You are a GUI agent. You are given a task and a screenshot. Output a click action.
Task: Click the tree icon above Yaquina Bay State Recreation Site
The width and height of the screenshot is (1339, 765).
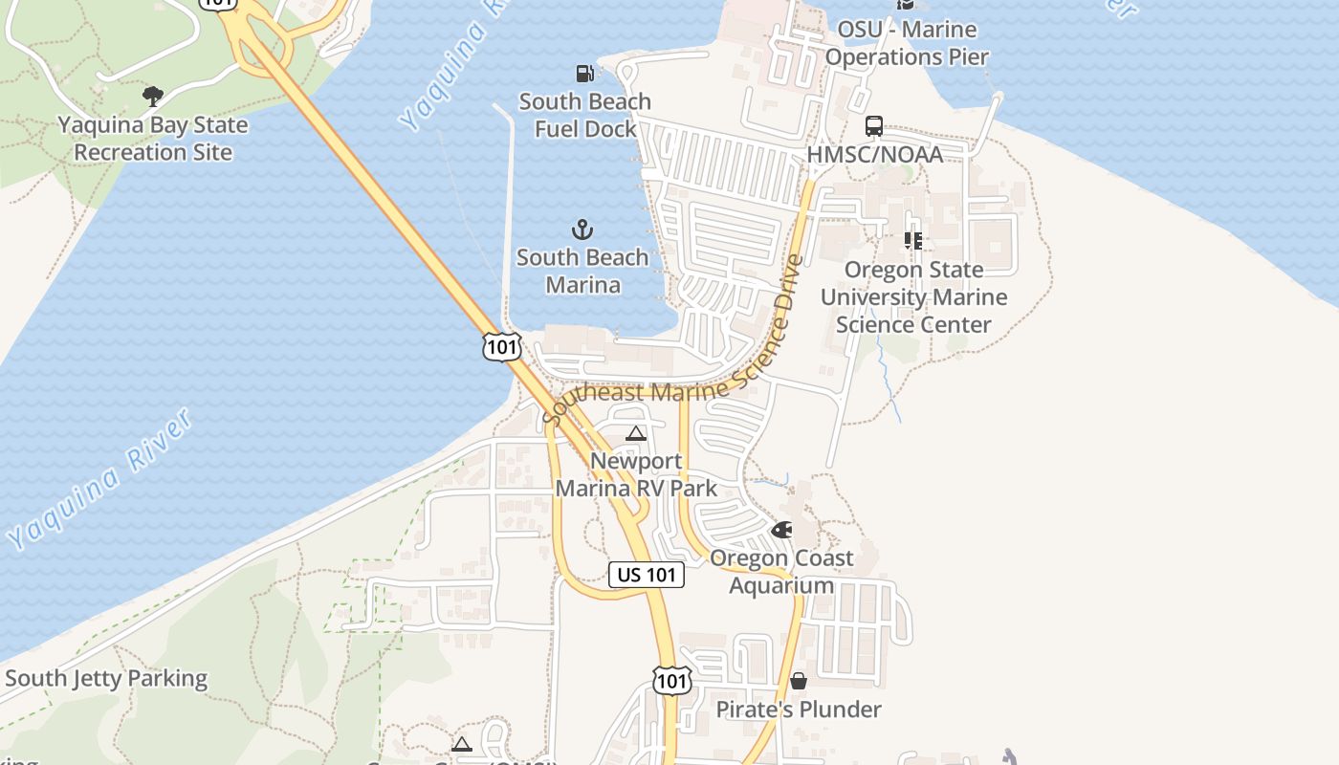coord(152,96)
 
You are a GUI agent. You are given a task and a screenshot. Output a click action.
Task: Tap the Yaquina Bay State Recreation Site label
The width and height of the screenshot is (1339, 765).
coord(153,139)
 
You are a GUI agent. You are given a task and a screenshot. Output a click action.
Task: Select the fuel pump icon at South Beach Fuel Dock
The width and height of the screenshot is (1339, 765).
coord(584,73)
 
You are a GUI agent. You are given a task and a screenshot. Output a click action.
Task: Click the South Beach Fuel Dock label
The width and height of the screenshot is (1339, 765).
coord(584,115)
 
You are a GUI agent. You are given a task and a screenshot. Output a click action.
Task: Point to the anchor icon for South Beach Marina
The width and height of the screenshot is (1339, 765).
coord(582,229)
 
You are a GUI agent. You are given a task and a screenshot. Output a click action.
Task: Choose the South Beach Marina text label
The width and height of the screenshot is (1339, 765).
coord(582,271)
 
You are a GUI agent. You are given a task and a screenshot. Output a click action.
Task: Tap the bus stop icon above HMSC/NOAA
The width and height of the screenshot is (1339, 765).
coord(874,126)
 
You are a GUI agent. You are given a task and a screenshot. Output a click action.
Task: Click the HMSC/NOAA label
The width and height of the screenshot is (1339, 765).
coord(874,154)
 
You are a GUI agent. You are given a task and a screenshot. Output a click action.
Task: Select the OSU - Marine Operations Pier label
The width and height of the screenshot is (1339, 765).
coord(907,43)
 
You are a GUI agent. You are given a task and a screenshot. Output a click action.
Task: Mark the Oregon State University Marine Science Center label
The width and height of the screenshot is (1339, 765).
coord(913,297)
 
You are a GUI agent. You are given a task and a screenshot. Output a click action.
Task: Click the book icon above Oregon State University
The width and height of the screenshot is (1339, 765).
coord(913,241)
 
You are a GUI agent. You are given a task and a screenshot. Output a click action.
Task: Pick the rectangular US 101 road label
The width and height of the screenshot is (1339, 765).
coord(647,575)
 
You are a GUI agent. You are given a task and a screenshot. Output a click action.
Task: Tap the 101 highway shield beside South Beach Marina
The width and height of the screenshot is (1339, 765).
coord(502,346)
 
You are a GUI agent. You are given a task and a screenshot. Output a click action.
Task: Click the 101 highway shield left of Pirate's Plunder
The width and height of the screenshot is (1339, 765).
coord(672,680)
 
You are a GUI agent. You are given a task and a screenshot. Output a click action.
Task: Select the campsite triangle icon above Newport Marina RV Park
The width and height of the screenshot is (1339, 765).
coord(636,434)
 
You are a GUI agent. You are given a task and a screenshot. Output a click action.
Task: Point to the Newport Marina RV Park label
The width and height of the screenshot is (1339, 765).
coord(636,474)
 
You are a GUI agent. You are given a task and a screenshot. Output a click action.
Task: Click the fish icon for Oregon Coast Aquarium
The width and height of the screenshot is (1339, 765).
coord(781,530)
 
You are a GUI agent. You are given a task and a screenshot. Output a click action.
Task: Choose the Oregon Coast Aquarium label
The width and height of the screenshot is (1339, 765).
coord(781,571)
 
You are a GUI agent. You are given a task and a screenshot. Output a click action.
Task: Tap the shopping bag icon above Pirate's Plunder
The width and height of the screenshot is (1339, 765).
coord(799,681)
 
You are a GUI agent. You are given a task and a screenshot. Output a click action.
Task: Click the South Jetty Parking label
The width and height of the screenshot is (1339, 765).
coord(106,679)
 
